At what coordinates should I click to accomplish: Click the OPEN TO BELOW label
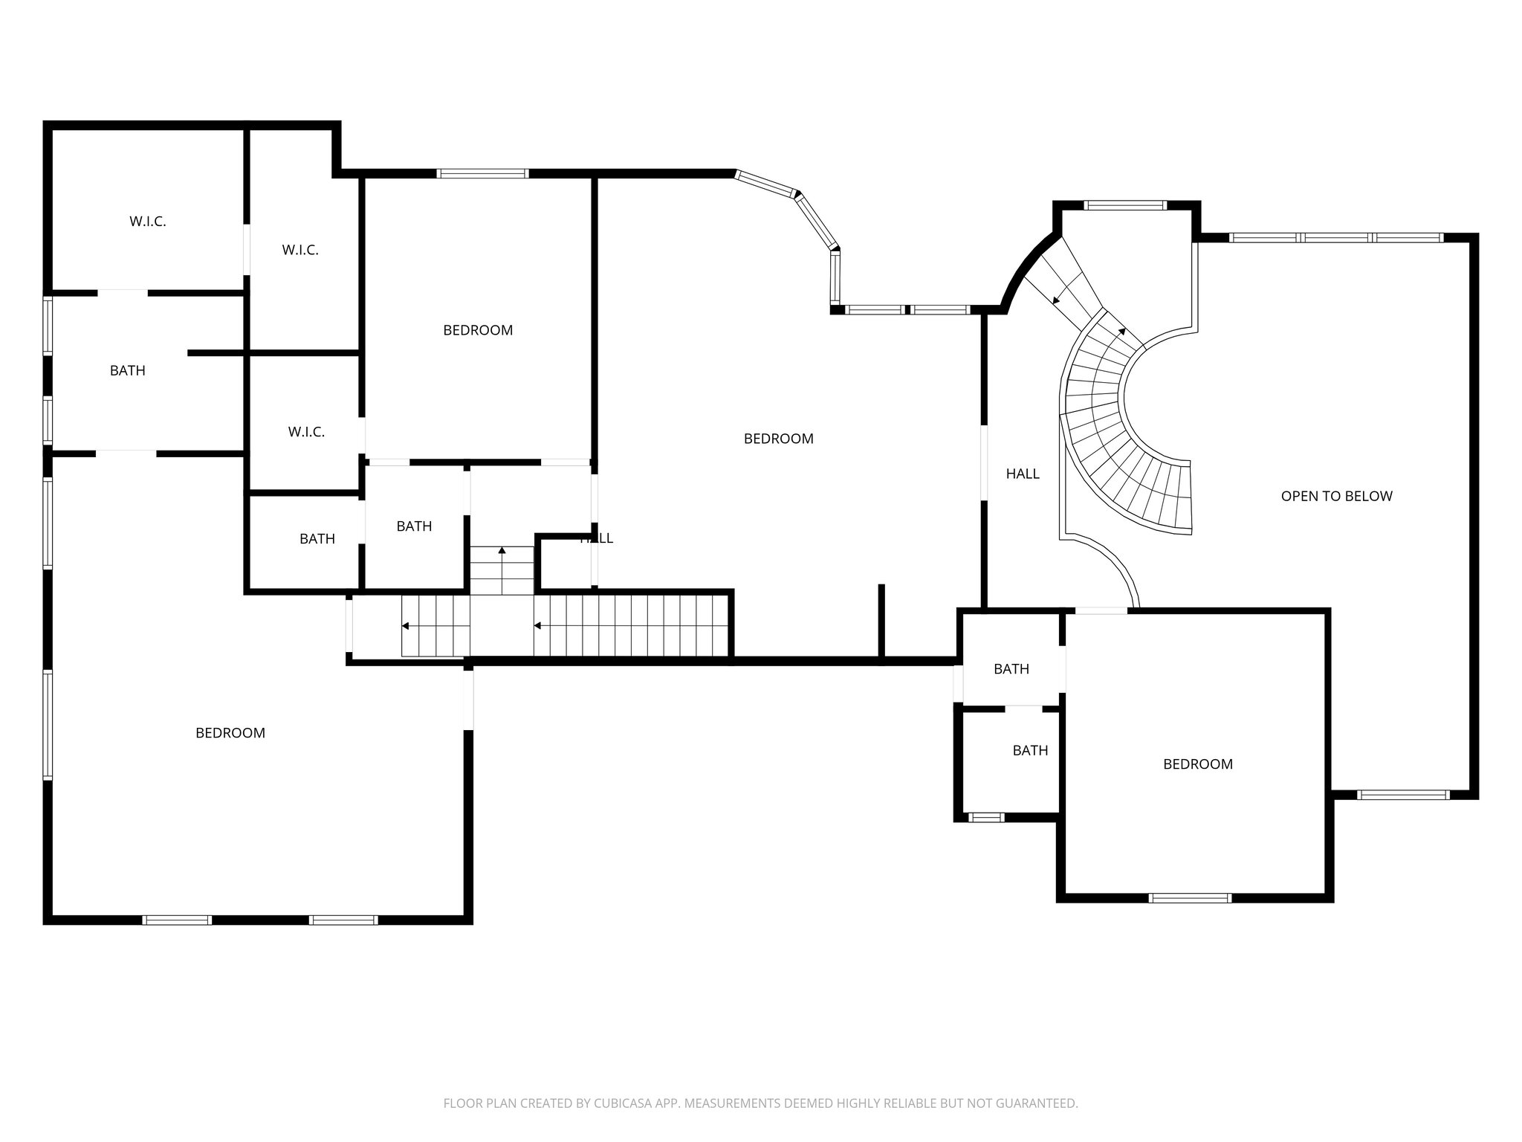tap(1336, 496)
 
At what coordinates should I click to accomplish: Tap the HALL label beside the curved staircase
tap(1023, 474)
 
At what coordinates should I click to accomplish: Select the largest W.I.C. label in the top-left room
tap(147, 222)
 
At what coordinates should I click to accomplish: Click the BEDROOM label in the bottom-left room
tap(230, 733)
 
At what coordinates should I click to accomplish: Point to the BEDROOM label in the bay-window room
tap(778, 439)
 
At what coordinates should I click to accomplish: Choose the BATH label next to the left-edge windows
tap(127, 370)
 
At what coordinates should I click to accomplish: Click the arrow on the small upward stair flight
tap(502, 551)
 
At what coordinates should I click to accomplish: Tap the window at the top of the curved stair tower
tap(1125, 206)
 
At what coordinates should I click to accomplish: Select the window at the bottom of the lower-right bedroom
tap(1190, 898)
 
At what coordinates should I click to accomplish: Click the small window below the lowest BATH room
tap(986, 818)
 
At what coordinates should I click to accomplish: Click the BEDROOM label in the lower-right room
tap(1197, 764)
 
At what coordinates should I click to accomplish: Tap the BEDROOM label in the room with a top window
tap(478, 330)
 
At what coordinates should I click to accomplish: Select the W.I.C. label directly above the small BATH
tap(306, 432)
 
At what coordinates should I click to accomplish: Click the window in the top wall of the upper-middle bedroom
tap(482, 174)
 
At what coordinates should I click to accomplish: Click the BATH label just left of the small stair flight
tap(414, 526)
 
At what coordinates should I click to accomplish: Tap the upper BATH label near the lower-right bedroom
tap(1011, 669)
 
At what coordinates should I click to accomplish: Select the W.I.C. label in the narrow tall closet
tap(300, 251)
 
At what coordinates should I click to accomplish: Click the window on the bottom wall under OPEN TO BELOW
tap(1402, 795)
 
